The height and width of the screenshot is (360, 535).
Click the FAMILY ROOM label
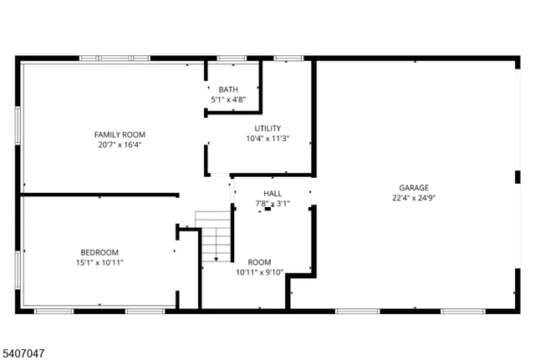119,134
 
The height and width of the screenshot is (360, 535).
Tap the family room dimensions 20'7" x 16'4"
119,144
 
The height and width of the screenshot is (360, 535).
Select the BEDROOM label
99,252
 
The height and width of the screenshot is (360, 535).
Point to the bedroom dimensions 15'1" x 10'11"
99,262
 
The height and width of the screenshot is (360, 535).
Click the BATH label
228,89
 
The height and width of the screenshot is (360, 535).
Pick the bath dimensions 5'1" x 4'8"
228,99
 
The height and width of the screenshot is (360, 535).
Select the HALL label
273,193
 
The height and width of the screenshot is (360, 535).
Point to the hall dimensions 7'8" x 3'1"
273,203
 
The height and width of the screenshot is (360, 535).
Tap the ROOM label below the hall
259,261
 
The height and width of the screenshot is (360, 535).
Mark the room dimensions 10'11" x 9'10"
259,271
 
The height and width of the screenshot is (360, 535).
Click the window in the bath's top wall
231,58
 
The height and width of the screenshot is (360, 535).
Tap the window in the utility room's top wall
288,58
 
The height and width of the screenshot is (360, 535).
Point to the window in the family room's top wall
115,58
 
